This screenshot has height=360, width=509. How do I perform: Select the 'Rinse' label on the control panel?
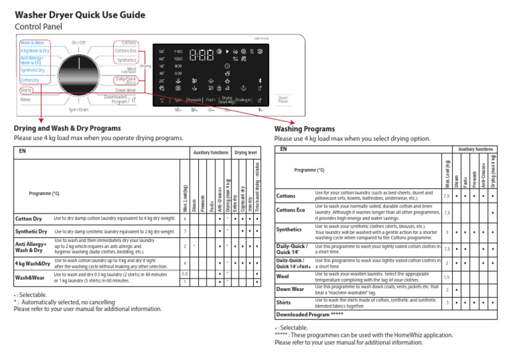(x=26, y=99)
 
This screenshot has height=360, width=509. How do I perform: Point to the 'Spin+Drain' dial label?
(x=79, y=109)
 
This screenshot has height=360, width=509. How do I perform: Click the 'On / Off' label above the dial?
(x=78, y=42)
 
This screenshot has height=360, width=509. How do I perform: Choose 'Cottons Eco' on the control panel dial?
(x=125, y=50)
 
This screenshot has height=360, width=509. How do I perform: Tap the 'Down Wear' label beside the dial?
(x=125, y=90)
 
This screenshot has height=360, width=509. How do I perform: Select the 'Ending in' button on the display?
(x=243, y=99)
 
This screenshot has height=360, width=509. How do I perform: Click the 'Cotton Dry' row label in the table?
(x=28, y=218)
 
